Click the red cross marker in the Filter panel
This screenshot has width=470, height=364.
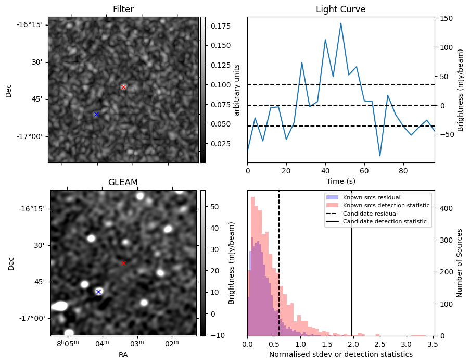pos(123,87)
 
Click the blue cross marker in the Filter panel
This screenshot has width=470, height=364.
pos(96,114)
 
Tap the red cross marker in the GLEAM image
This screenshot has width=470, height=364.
pos(123,263)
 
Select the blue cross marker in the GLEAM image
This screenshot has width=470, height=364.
pos(98,292)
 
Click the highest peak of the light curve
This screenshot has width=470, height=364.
pos(341,23)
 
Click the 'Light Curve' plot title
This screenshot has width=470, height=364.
pos(340,9)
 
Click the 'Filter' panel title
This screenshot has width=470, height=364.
pos(123,9)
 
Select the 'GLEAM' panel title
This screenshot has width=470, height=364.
pos(123,182)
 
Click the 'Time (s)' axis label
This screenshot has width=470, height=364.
pos(340,181)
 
